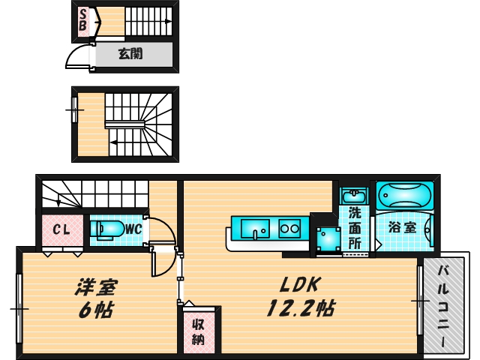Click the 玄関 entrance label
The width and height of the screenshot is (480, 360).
pyautogui.click(x=131, y=54)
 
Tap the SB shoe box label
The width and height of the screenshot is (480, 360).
pyautogui.click(x=82, y=20)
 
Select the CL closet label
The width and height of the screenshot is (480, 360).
pyautogui.click(x=58, y=230)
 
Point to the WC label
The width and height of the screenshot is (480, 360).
pyautogui.click(x=133, y=229)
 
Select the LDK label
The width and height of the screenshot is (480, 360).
pyautogui.click(x=300, y=285)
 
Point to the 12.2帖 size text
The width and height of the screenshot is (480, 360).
pyautogui.click(x=300, y=307)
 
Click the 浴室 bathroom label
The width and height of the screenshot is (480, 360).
pyautogui.click(x=403, y=227)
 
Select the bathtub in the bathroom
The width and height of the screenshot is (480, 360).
pyautogui.click(x=404, y=196)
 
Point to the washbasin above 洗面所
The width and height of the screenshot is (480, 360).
pyautogui.click(x=353, y=196)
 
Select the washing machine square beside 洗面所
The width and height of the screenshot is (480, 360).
pyautogui.click(x=327, y=238)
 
